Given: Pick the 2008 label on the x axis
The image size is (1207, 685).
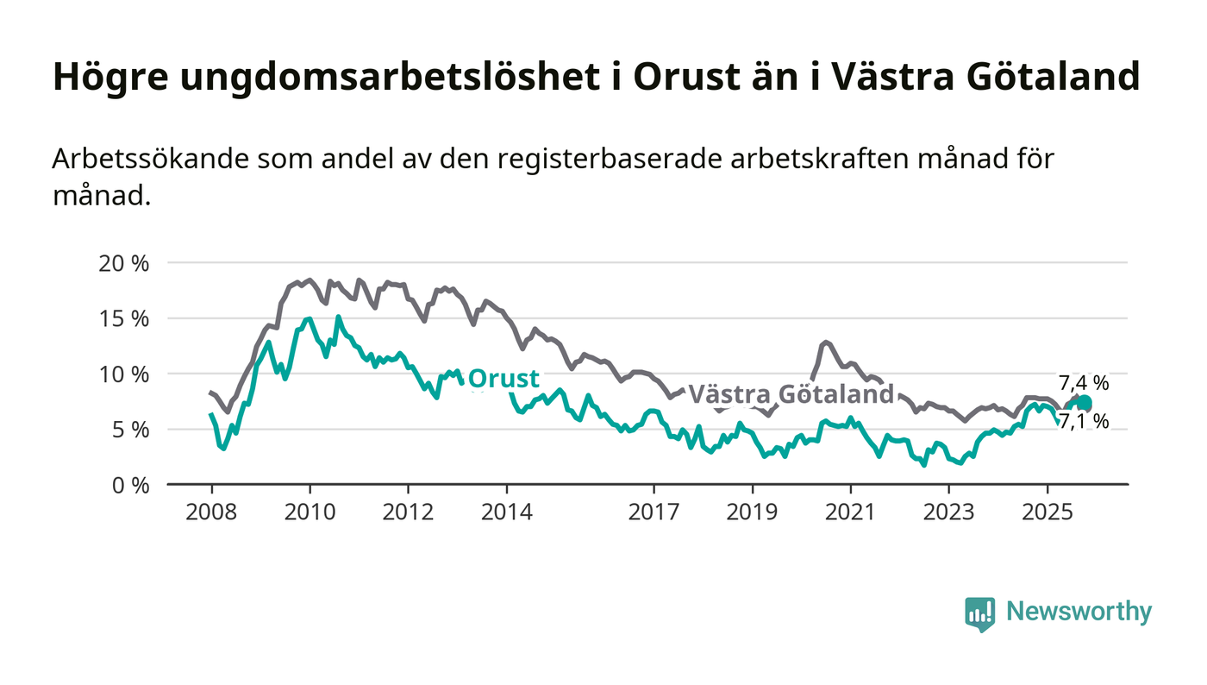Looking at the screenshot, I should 211,512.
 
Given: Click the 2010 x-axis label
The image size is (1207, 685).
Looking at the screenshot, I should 310,512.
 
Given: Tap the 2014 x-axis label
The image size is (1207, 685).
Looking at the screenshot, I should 507,512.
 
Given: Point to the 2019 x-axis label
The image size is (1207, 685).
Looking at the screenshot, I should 753,512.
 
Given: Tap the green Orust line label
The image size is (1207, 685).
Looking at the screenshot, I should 503,379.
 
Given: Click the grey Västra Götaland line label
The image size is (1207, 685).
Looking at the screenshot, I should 791,394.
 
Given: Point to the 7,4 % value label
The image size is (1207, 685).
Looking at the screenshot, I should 1084,384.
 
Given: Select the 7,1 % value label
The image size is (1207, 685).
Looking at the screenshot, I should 1084,422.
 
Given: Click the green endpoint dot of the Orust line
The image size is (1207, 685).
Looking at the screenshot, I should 1084,403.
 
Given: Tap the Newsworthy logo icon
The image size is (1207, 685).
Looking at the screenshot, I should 979,613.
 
